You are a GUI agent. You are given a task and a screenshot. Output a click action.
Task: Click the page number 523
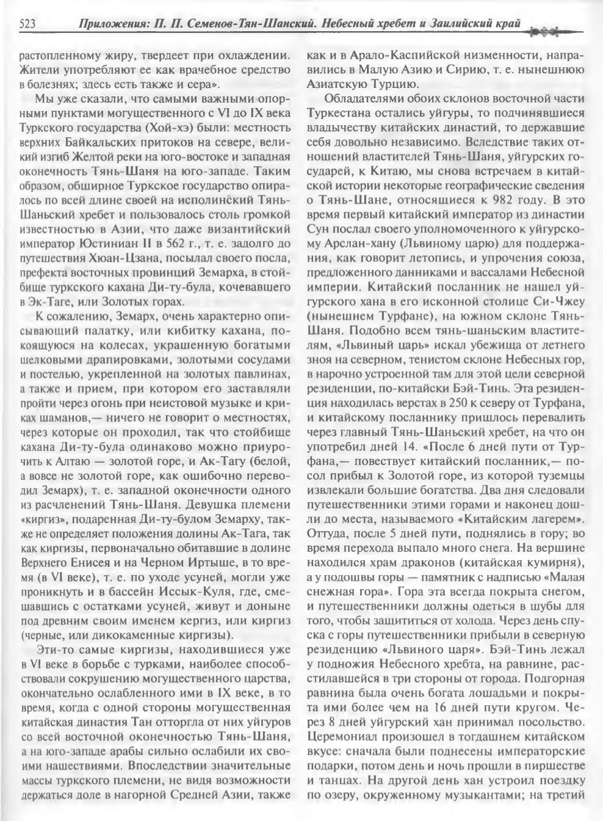click(27, 24)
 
